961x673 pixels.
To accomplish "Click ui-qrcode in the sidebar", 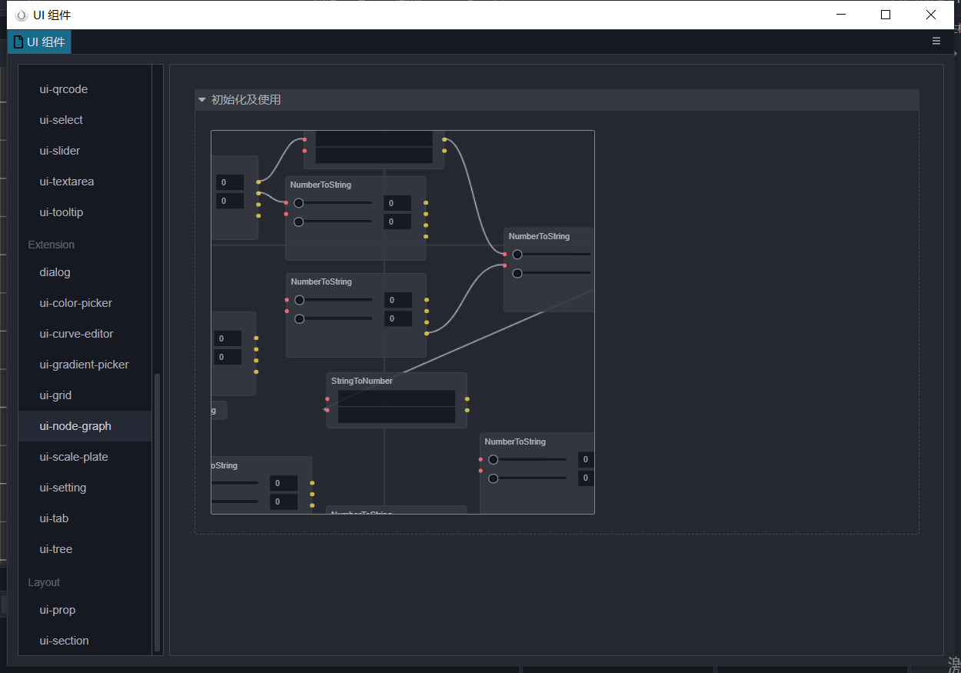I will click(64, 89).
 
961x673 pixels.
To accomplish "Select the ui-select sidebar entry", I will click(62, 120).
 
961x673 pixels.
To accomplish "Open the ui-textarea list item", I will click(66, 182).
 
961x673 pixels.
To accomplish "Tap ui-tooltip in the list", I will click(62, 212).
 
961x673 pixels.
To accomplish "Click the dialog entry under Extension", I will click(55, 272).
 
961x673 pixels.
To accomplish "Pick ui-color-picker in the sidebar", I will click(75, 303).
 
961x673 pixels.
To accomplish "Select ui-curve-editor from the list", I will click(76, 334).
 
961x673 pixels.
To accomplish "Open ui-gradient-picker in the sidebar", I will click(84, 365).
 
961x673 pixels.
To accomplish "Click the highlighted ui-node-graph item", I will click(75, 426).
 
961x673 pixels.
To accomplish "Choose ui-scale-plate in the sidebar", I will click(74, 457).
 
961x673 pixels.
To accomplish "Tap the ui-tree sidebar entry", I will click(56, 549).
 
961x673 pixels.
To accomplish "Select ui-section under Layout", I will click(64, 641).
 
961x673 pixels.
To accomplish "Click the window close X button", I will click(931, 15).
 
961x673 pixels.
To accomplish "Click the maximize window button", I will click(886, 15).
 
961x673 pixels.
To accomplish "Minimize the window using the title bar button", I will click(841, 15).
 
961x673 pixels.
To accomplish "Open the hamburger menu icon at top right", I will click(936, 42).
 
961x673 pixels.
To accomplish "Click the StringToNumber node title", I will click(361, 381).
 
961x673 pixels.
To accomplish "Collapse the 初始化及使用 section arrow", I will click(202, 100).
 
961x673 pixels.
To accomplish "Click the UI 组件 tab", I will click(40, 42).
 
